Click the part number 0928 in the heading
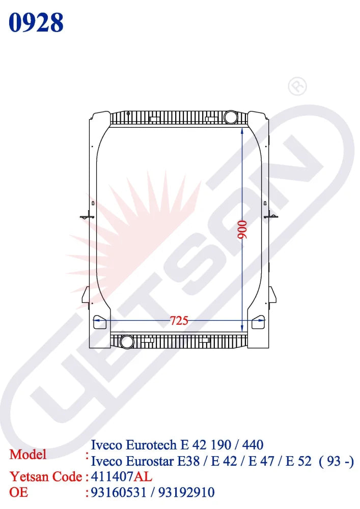click(x=36, y=23)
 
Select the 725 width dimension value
click(x=179, y=321)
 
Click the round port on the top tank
click(x=230, y=117)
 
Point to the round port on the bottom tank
click(x=125, y=341)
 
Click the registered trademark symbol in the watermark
click(x=297, y=86)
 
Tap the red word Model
click(x=28, y=454)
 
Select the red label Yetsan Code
click(x=46, y=477)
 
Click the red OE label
click(x=19, y=492)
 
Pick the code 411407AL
click(x=121, y=477)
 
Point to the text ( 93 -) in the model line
click(x=336, y=462)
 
